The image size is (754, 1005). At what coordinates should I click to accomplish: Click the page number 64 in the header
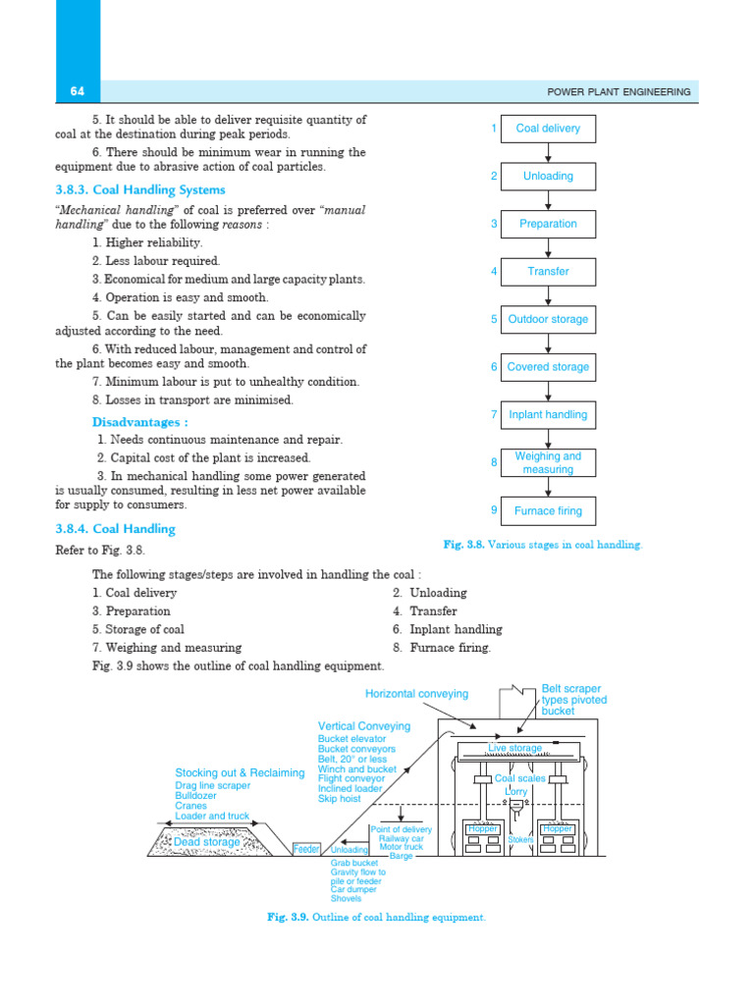point(78,91)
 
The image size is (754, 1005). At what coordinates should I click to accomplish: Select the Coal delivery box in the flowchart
point(548,129)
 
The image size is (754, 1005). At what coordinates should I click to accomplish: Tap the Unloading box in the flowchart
point(548,177)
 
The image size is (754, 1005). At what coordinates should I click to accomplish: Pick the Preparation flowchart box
point(548,224)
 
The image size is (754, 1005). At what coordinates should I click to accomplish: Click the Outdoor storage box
point(548,319)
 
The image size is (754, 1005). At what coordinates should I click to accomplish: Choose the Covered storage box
point(548,367)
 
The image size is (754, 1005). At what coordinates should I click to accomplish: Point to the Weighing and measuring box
point(548,462)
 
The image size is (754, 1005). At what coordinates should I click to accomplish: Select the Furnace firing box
point(548,510)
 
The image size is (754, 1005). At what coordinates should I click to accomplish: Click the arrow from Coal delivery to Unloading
point(548,153)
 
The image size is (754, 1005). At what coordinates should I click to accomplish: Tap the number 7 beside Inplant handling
point(495,414)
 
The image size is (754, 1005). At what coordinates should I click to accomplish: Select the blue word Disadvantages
point(140,422)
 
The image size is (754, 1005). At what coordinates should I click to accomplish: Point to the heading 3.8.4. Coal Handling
point(115,529)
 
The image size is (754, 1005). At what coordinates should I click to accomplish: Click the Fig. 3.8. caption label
point(465,544)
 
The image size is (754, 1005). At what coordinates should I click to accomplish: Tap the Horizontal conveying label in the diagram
point(416,694)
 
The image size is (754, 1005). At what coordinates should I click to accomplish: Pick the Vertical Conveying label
point(364,726)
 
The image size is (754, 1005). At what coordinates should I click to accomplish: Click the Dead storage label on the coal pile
point(206,842)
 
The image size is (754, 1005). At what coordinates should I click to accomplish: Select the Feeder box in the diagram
point(307,848)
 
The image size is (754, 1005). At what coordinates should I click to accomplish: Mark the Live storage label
point(515,749)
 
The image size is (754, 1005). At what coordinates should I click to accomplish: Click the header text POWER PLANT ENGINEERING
point(619,92)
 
